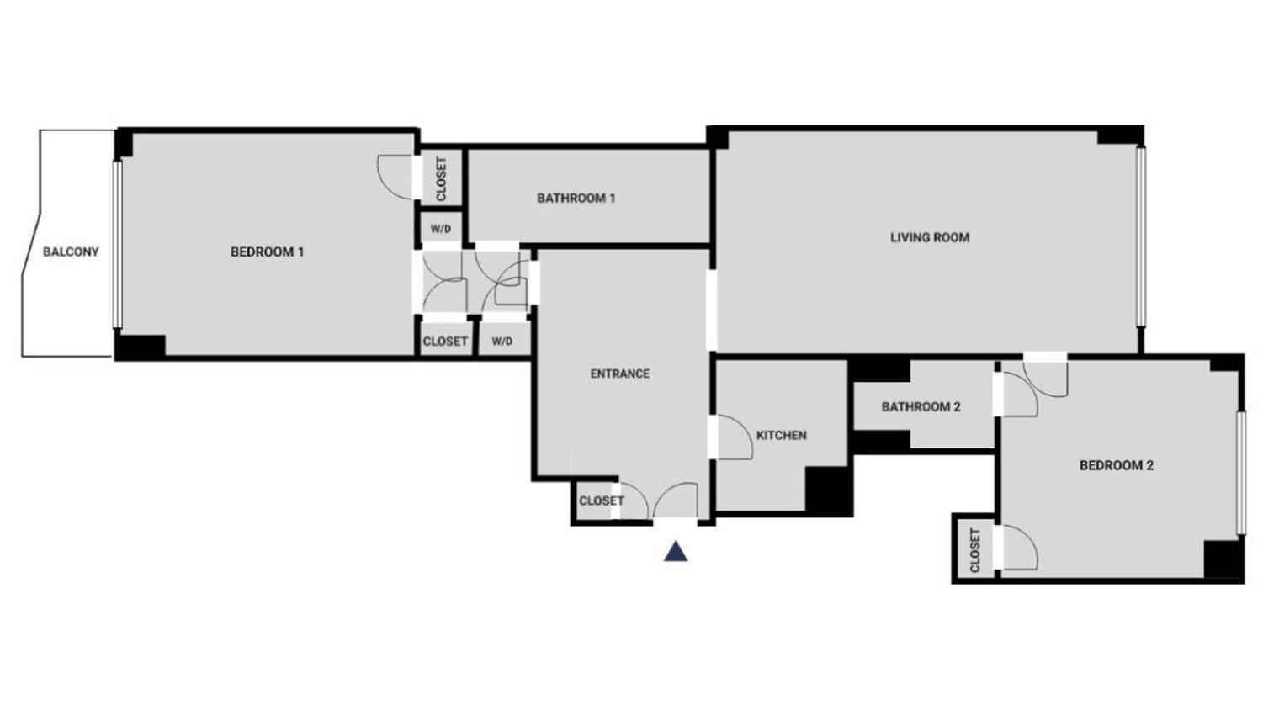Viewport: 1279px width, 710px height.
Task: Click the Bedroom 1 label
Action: (267, 252)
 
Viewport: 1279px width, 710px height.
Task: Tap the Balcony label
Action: (71, 252)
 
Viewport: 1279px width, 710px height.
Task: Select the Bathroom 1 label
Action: (576, 199)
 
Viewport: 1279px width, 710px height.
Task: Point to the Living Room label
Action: (930, 237)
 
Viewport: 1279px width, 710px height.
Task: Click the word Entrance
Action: (619, 374)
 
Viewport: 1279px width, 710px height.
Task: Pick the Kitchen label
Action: (781, 435)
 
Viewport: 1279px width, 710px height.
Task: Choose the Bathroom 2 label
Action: (921, 407)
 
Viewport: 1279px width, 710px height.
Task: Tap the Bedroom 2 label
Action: (1116, 465)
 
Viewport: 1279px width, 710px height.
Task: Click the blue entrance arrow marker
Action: (676, 553)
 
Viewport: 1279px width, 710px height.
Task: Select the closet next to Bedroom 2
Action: (974, 549)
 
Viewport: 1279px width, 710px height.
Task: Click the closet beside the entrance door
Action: (601, 501)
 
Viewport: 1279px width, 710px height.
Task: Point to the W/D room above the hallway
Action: (440, 229)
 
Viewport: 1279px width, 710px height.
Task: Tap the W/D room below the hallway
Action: (502, 342)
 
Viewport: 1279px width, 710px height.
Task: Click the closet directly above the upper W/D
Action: (440, 178)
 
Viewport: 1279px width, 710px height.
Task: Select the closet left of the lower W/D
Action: (444, 342)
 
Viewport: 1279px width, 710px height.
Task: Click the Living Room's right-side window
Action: (1141, 236)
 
